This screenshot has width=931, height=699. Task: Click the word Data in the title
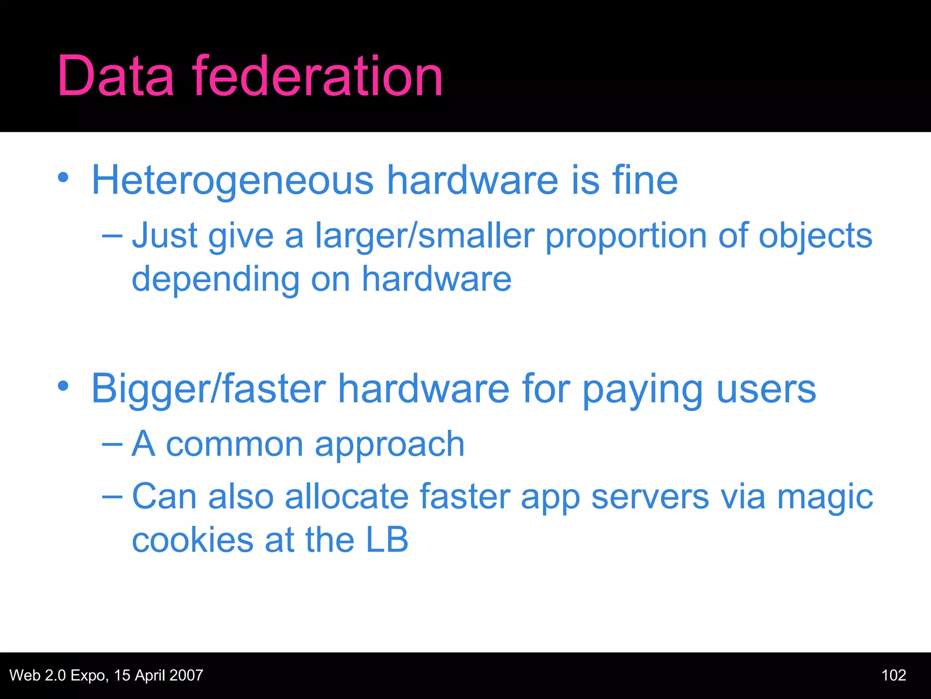(115, 76)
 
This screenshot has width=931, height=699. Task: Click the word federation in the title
(317, 76)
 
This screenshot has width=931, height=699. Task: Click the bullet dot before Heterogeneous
(63, 178)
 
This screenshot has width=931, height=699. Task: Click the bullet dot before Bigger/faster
(63, 386)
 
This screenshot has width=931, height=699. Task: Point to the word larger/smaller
(425, 237)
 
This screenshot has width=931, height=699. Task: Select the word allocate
(346, 496)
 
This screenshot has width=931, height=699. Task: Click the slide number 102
(894, 675)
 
